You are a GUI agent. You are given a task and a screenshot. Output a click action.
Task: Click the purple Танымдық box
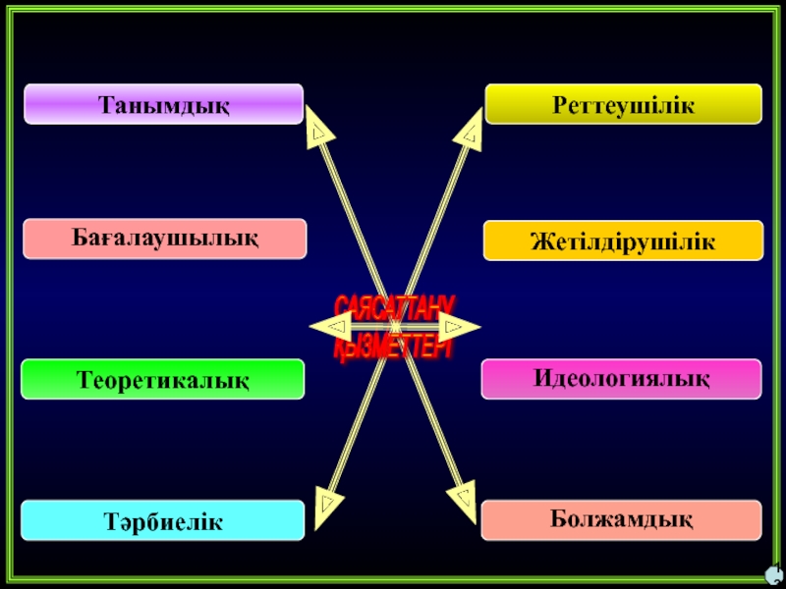pyautogui.click(x=163, y=104)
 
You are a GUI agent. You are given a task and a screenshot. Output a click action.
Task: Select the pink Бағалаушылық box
pyautogui.click(x=165, y=239)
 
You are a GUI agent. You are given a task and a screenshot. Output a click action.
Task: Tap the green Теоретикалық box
pyautogui.click(x=163, y=379)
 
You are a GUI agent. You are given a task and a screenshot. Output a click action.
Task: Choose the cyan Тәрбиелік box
pyautogui.click(x=163, y=520)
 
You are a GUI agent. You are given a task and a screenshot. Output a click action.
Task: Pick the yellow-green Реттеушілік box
pyautogui.click(x=623, y=103)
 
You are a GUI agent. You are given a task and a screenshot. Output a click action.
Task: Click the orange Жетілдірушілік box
pyautogui.click(x=623, y=241)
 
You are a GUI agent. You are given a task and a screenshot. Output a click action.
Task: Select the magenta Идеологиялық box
pyautogui.click(x=621, y=378)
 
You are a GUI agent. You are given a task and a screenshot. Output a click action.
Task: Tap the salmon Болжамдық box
pyautogui.click(x=621, y=518)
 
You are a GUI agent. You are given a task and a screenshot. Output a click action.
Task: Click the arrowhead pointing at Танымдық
pyautogui.click(x=317, y=130)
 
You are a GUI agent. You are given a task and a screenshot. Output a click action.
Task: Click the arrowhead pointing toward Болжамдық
pyautogui.click(x=460, y=496)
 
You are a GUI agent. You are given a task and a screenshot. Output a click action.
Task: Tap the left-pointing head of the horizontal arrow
pyautogui.click(x=329, y=326)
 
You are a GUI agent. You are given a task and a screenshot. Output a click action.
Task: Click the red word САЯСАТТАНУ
pyautogui.click(x=393, y=306)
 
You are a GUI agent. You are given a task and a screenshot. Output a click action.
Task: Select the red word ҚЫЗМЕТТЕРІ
pyautogui.click(x=393, y=347)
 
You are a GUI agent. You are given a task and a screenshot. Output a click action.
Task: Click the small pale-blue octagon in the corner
pyautogui.click(x=774, y=575)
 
